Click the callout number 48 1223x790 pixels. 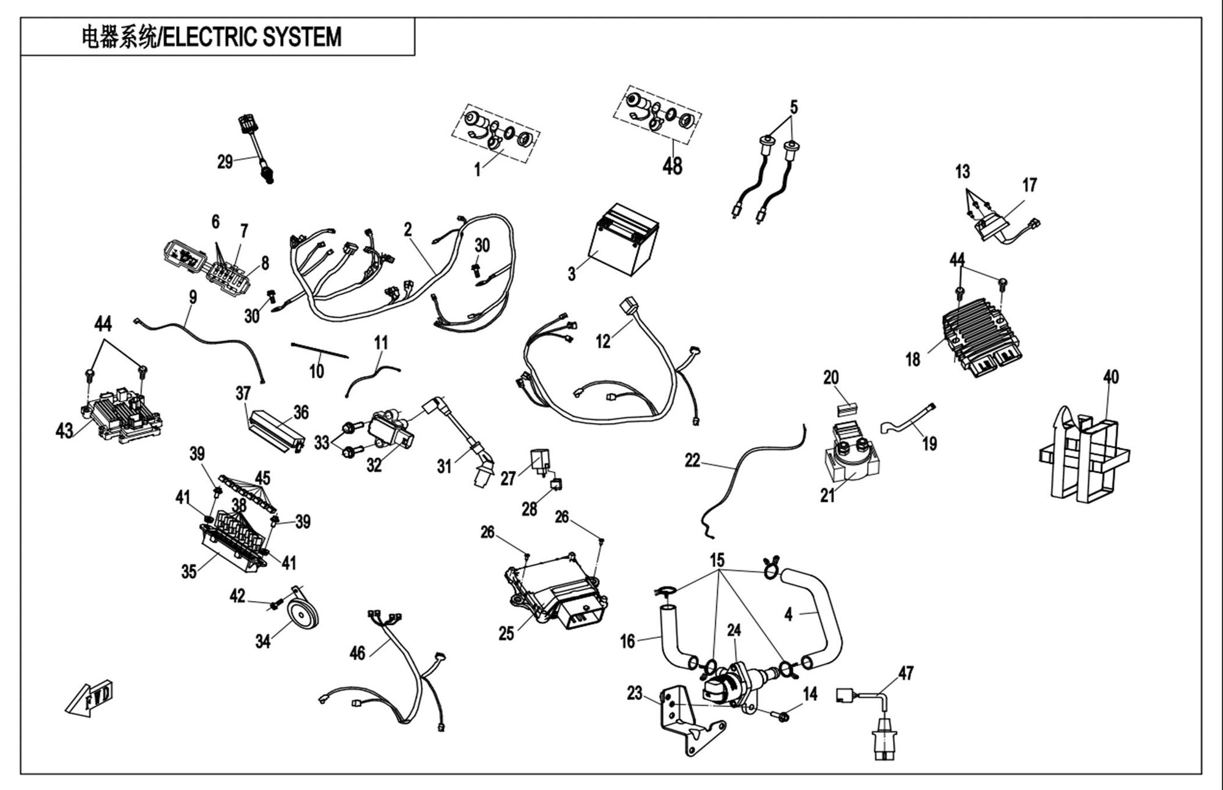click(x=672, y=166)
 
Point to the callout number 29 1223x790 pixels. click(x=225, y=161)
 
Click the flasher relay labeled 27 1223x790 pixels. click(x=540, y=460)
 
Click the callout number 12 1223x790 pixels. click(x=603, y=341)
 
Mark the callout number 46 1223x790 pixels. click(x=357, y=653)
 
